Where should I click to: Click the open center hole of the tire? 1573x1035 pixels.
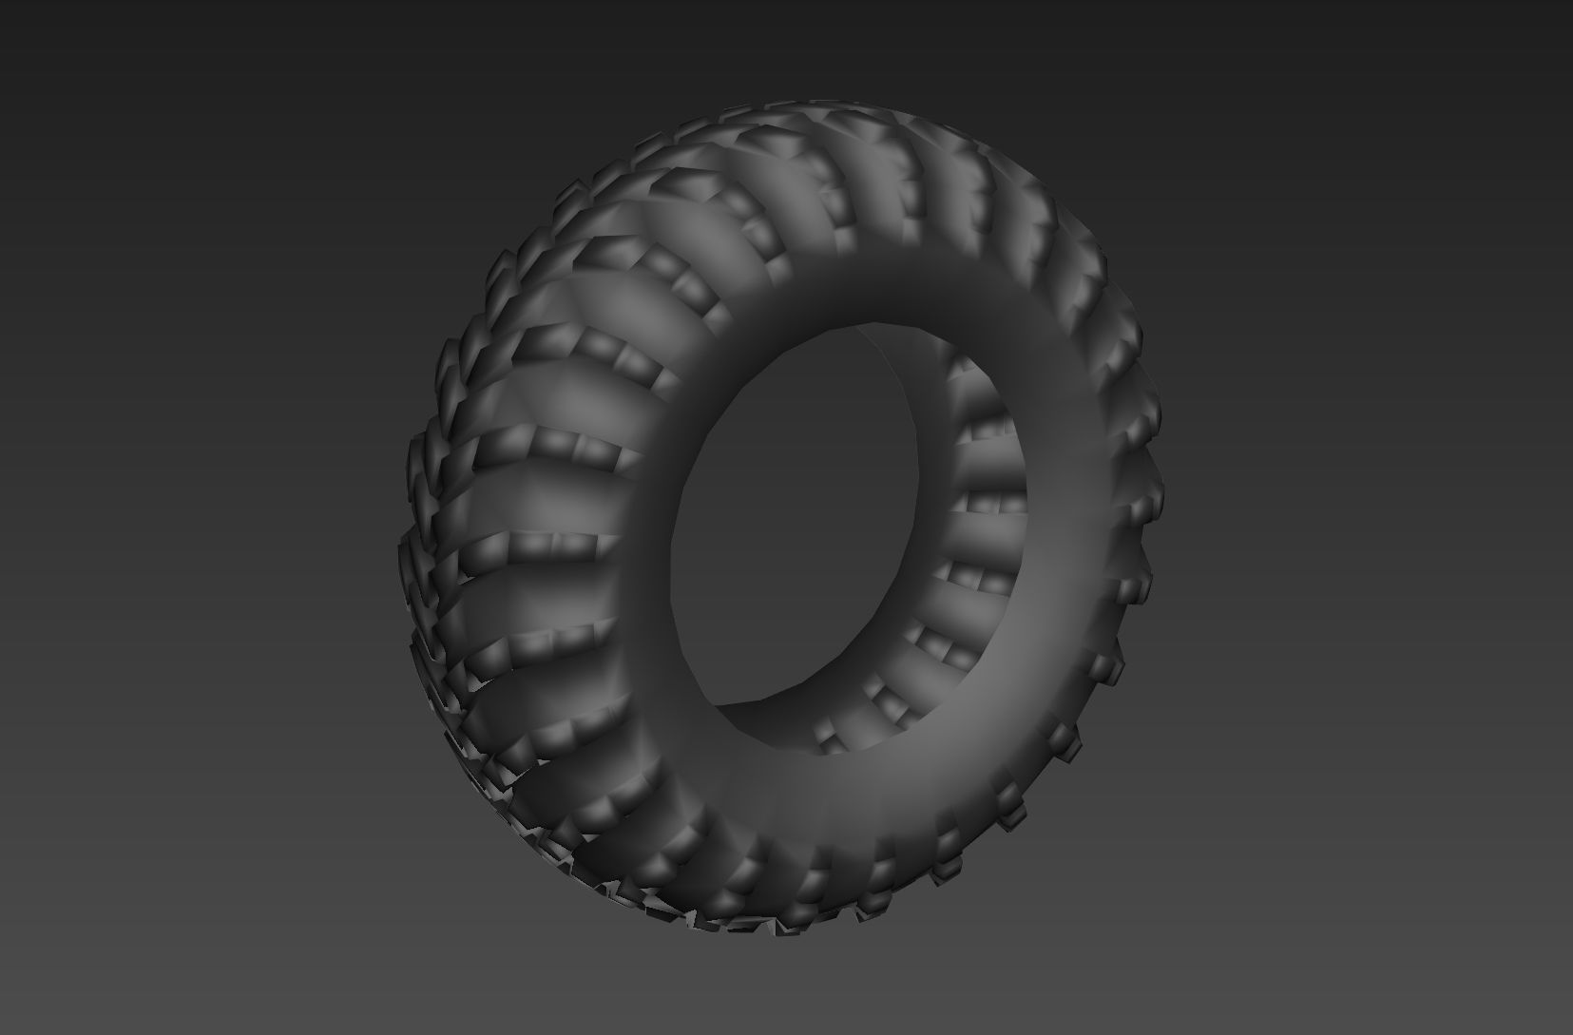tap(798, 532)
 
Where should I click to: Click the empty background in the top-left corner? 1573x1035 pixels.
tap(95, 76)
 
